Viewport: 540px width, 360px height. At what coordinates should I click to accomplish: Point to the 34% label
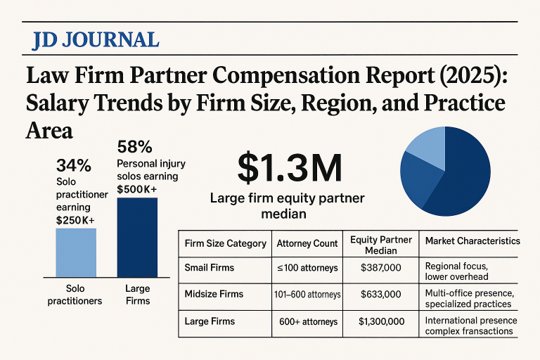coord(73,167)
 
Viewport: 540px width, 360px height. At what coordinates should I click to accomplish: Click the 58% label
coord(134,148)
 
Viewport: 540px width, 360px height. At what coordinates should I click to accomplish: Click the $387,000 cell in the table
coord(380,267)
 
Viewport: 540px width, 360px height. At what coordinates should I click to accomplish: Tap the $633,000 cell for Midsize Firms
coord(380,294)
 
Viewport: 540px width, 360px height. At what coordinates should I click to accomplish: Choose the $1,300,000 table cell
coord(380,321)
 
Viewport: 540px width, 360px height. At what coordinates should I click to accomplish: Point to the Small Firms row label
coord(210,267)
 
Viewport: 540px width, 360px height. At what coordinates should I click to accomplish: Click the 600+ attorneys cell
coord(308,321)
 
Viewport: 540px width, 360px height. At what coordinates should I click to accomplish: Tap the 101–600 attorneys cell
coord(307,294)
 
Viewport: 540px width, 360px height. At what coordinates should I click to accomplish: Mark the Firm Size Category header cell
coord(225,243)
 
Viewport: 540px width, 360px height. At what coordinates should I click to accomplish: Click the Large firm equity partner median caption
coord(288,206)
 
